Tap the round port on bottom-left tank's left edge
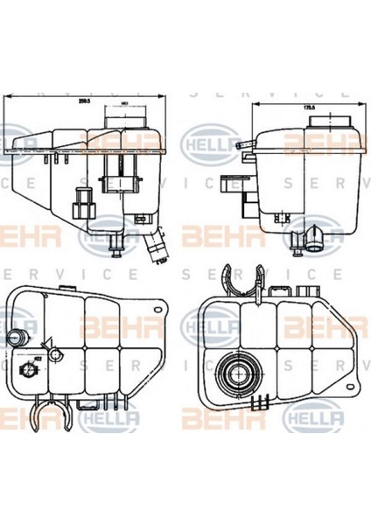click(15, 338)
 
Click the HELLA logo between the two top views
click(207, 139)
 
